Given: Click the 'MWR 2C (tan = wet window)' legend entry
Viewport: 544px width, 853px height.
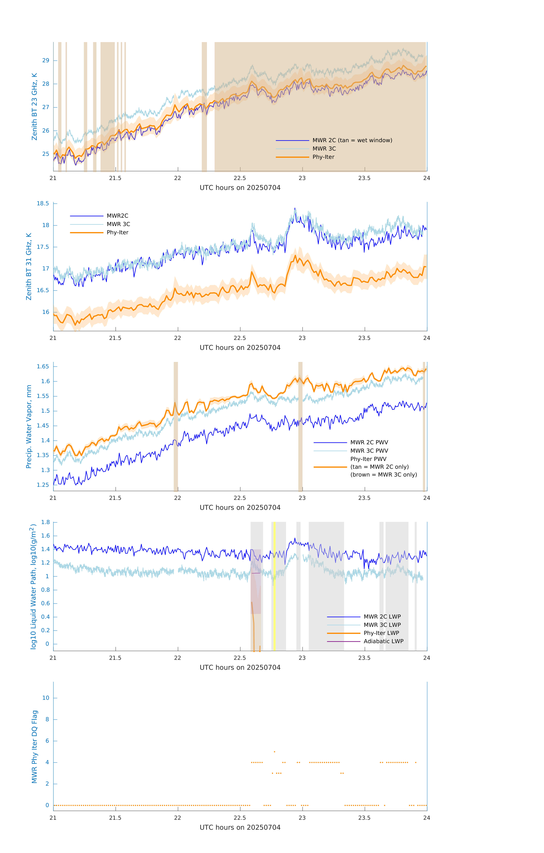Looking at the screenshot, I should point(352,140).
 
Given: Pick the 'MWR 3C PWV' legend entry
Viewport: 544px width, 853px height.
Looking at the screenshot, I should point(369,451).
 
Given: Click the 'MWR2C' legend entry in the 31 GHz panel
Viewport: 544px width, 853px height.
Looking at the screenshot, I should point(117,216).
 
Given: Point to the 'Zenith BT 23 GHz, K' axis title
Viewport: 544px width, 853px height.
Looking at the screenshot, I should point(34,107).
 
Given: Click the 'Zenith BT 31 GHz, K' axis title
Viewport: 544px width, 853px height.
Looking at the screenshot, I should point(29,266).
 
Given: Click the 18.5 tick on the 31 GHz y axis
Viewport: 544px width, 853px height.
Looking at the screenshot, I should point(43,203).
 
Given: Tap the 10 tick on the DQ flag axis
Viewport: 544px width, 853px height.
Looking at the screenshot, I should point(46,698).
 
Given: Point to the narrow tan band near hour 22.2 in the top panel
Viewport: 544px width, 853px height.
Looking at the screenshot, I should point(204,106).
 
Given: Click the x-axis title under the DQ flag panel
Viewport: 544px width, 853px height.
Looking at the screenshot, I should point(240,828).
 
